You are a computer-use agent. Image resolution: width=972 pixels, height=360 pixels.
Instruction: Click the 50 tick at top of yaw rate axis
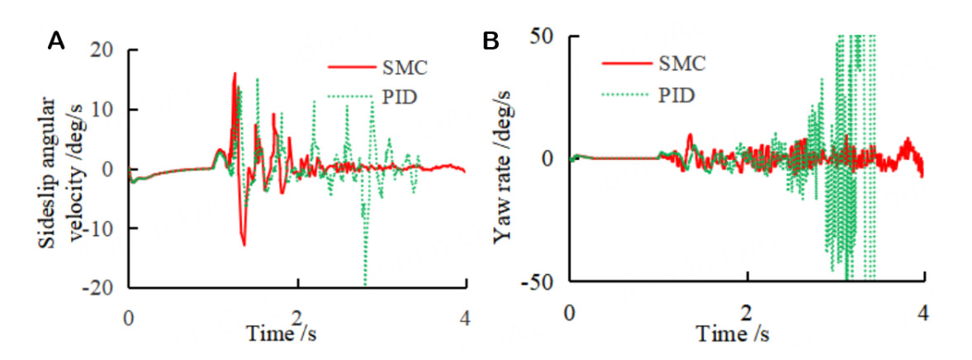[546, 36]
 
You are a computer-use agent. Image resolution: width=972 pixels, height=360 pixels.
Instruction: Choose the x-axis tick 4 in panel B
[922, 313]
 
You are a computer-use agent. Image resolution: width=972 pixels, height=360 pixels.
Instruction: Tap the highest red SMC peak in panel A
[235, 73]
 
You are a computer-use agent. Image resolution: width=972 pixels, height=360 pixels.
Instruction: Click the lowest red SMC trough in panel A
[244, 244]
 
